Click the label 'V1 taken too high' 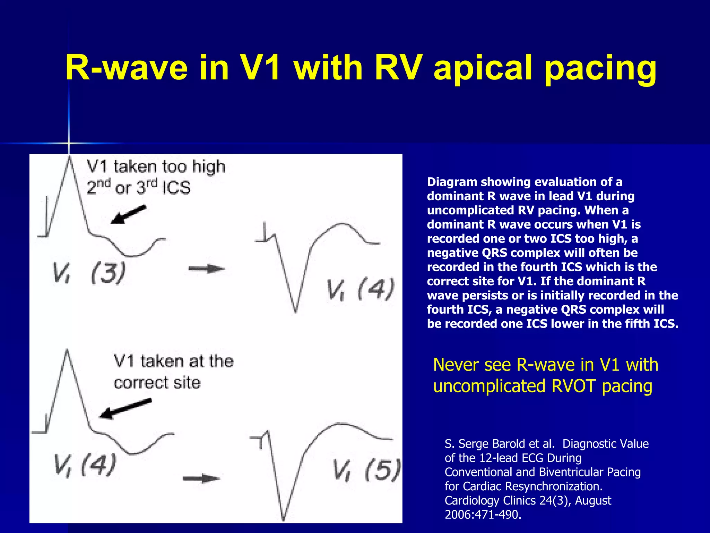[156, 167]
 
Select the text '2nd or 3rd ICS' [139, 187]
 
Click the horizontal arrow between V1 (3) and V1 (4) [207, 269]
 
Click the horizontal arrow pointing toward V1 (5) [201, 479]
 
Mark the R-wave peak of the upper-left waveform [70, 158]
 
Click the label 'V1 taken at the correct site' [173, 372]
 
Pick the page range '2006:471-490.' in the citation [483, 515]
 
